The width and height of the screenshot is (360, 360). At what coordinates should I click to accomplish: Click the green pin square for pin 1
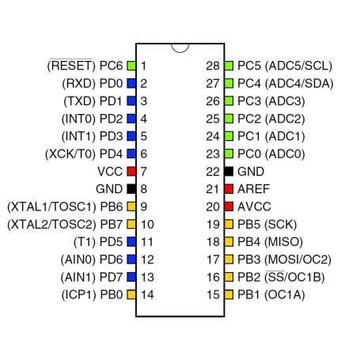[x=131, y=66]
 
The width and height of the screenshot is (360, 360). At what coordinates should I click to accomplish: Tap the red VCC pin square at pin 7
[x=131, y=172]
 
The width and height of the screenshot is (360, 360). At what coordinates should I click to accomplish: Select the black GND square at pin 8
[x=131, y=189]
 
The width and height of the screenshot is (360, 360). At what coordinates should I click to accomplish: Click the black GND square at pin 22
[x=229, y=172]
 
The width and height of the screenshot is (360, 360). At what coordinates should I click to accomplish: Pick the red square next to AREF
[x=229, y=189]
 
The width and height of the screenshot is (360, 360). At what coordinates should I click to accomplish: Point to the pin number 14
[x=147, y=294]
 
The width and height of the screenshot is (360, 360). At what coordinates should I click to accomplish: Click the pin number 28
[x=213, y=66]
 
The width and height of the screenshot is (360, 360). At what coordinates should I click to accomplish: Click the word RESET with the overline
[x=71, y=65]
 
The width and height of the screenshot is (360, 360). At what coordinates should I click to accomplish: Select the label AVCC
[x=254, y=207]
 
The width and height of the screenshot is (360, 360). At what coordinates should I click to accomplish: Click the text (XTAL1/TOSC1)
[x=51, y=207]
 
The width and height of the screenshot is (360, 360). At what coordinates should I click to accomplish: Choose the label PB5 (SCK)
[x=267, y=224]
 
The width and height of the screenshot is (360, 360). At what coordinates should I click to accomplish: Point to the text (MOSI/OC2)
[x=297, y=260]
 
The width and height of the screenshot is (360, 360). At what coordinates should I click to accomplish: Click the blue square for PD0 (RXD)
[x=131, y=83]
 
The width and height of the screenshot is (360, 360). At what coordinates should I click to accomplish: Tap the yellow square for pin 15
[x=229, y=294]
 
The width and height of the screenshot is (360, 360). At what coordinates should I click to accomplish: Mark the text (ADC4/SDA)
[x=299, y=83]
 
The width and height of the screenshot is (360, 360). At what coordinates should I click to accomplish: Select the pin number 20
[x=213, y=207]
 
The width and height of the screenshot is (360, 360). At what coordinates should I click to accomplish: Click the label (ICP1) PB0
[x=92, y=294]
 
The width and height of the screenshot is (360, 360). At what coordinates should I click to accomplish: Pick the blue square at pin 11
[x=131, y=242]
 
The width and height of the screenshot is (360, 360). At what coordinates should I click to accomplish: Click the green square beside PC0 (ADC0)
[x=229, y=153]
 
